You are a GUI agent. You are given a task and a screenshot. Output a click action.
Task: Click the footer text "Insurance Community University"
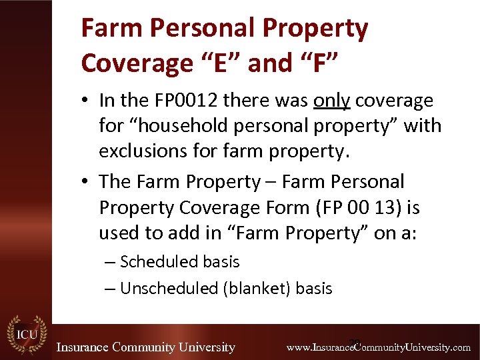145,347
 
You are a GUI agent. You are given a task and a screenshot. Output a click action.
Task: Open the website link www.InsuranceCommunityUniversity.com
378,347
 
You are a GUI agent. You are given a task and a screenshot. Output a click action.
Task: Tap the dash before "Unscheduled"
109,288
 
